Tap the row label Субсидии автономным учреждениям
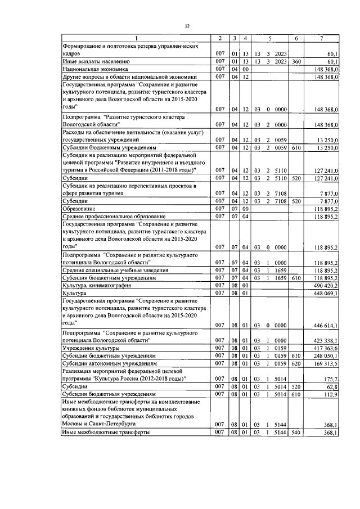point(108,364)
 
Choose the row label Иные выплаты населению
point(96,61)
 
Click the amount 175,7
point(328,380)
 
